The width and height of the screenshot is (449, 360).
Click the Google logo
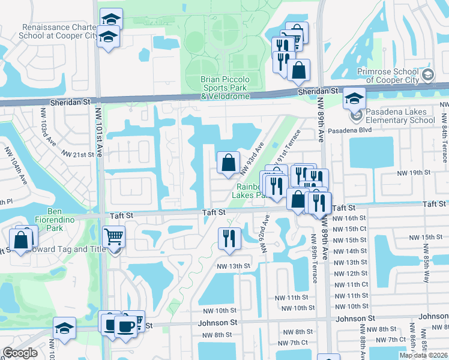[x=20, y=353]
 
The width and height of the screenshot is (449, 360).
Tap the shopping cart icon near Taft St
[x=114, y=237]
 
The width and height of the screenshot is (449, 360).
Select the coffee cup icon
[x=125, y=326]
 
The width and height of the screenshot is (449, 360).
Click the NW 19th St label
[x=412, y=173]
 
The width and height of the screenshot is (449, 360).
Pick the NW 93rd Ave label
[x=252, y=158]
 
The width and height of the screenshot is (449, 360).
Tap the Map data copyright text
[x=423, y=355]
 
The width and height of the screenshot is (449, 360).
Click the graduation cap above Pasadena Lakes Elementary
[x=355, y=98]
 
